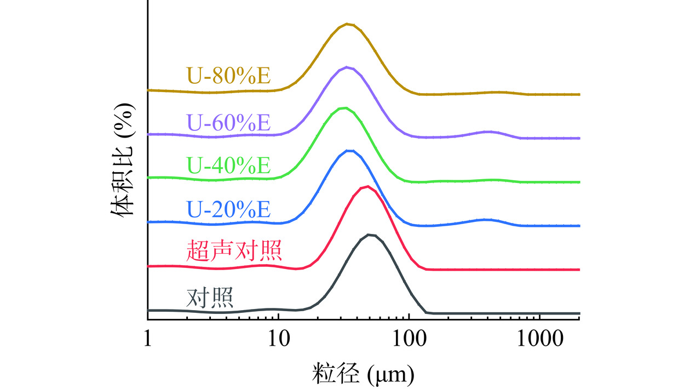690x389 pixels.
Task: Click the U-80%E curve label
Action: click(x=229, y=76)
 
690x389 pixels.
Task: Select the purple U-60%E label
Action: click(x=229, y=121)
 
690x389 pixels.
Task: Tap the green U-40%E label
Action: click(x=229, y=165)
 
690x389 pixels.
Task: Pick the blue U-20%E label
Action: click(x=229, y=209)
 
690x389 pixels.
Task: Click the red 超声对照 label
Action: click(x=234, y=251)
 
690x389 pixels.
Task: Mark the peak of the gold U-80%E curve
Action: click(x=347, y=24)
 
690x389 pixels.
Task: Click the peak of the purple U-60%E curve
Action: click(x=347, y=67)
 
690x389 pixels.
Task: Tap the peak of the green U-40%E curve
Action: click(x=343, y=108)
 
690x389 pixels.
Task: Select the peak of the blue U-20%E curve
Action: click(x=348, y=150)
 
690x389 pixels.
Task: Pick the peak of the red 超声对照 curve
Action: click(x=366, y=186)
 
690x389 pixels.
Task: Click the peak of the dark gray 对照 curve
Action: click(x=371, y=234)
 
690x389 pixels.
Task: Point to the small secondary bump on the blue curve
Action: click(x=485, y=219)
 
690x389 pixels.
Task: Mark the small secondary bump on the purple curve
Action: click(x=487, y=131)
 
